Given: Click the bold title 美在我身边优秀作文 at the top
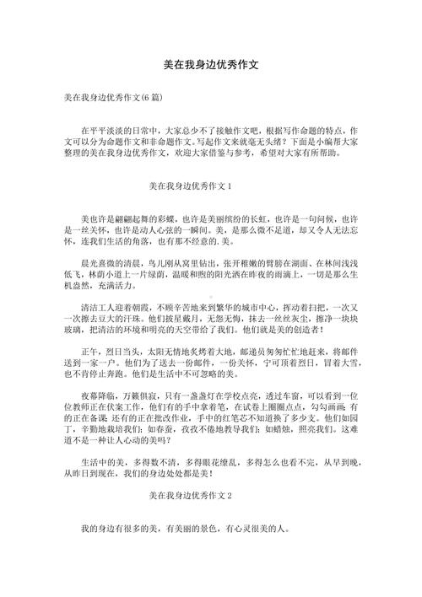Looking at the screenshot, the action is tap(211, 64).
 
